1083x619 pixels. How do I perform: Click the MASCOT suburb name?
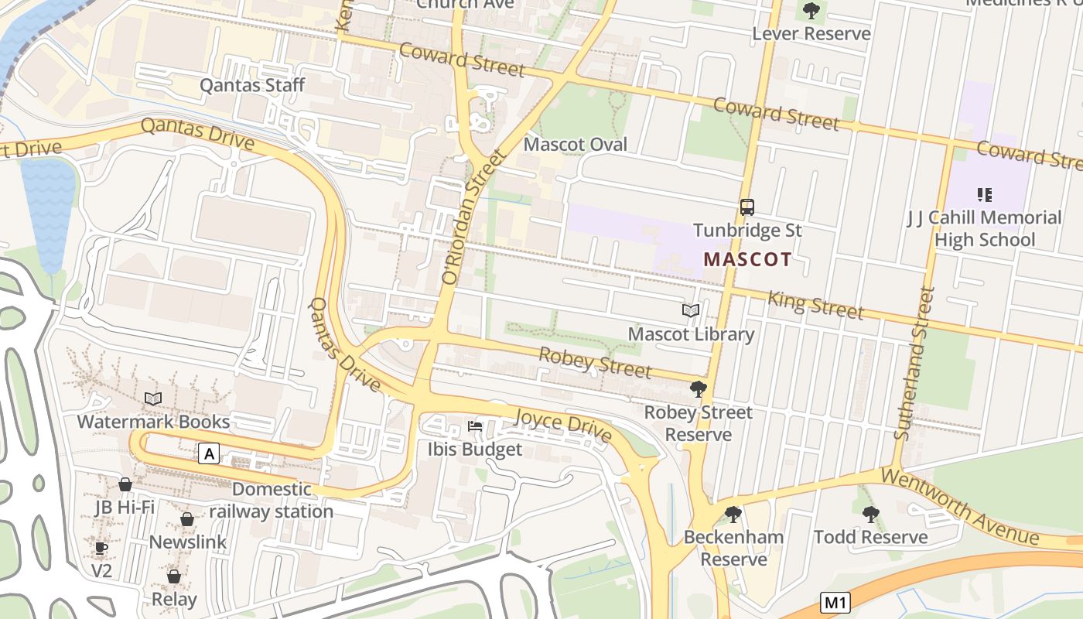(x=747, y=259)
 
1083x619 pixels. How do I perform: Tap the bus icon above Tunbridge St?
(x=747, y=207)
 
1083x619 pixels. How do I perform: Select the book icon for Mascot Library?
(x=690, y=311)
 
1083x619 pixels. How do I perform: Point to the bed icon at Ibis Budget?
(x=475, y=426)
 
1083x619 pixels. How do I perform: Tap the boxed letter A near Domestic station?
(x=208, y=453)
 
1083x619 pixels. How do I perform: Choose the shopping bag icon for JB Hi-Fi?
(x=125, y=484)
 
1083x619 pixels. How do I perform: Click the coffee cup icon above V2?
(x=101, y=549)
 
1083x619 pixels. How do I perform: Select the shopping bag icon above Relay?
(x=174, y=576)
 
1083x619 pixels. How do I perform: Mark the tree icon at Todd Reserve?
(x=870, y=514)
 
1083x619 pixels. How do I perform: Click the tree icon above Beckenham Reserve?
(x=733, y=514)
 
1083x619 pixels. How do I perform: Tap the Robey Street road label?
(x=594, y=363)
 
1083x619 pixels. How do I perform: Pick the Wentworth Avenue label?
(x=959, y=504)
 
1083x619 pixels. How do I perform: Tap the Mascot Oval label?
(x=576, y=145)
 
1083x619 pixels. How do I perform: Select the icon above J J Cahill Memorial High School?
(x=984, y=194)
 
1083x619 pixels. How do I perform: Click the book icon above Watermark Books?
(x=153, y=398)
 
